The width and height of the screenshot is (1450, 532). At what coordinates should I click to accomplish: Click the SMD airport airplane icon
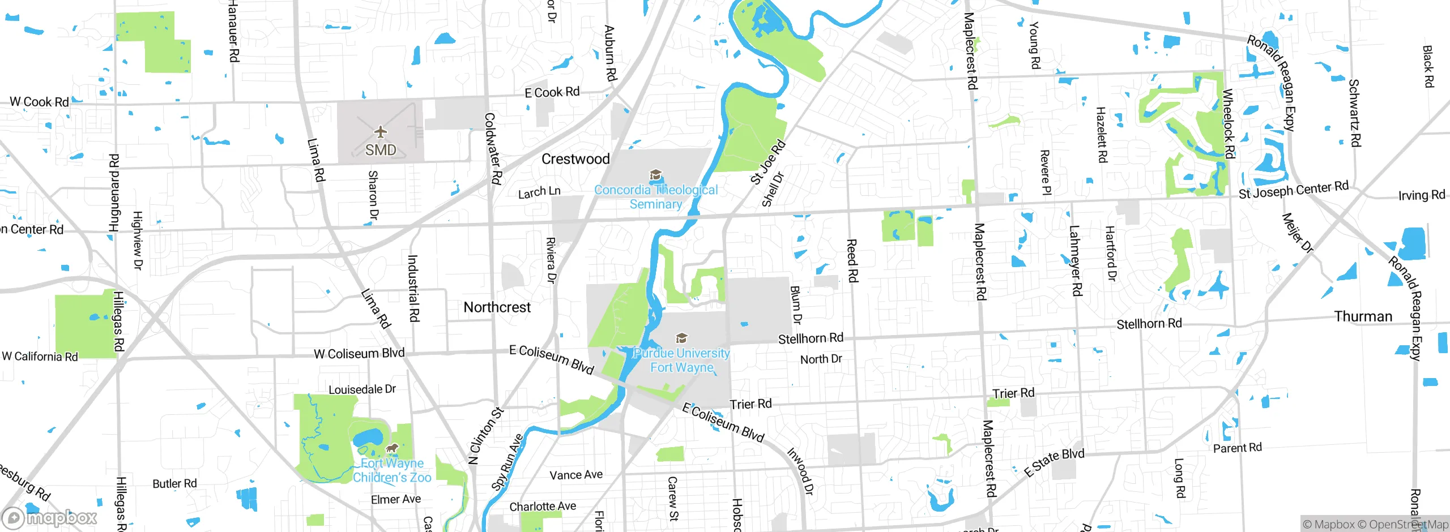pos(381,132)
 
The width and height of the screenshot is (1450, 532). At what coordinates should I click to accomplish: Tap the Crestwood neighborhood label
pos(575,159)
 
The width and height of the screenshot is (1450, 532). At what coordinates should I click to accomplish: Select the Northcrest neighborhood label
pos(497,307)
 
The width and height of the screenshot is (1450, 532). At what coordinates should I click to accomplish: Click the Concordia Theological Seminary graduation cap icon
pos(655,175)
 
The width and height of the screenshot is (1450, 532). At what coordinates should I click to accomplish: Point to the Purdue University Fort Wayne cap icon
pos(682,338)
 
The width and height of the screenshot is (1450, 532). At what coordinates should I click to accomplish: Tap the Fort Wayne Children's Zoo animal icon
pos(391,449)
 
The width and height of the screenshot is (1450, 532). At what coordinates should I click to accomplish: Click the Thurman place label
pos(1363,316)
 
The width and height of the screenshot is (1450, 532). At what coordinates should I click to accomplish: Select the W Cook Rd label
pos(39,102)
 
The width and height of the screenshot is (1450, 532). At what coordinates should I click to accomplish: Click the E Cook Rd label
pos(552,92)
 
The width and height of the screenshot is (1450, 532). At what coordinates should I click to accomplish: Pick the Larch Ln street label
pos(539,192)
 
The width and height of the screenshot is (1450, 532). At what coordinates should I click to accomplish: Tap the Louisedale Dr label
pos(362,389)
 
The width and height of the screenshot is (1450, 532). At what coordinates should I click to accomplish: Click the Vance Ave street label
pos(576,475)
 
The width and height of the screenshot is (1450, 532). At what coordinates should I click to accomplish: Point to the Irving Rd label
pos(1421,195)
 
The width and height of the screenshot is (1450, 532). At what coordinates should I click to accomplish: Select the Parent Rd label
pos(1237,448)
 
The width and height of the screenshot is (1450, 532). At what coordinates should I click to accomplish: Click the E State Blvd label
pos(1054,462)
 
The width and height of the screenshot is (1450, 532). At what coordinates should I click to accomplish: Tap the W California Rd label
pos(40,357)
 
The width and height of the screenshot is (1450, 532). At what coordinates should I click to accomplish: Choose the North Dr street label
pos(821,359)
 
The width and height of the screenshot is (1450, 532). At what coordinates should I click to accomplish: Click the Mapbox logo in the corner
pos(50,518)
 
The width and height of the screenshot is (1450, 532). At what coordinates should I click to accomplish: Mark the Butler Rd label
pos(174,484)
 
